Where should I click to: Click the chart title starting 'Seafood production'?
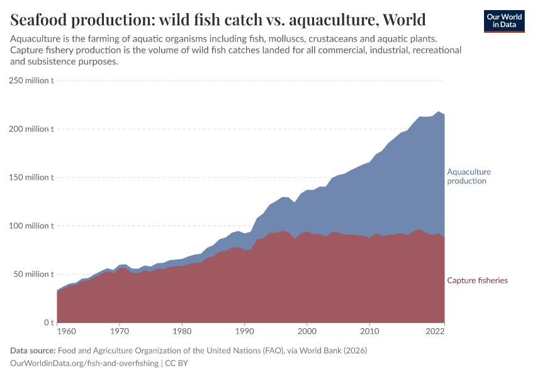tap(218, 20)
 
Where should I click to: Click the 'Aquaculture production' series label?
tap(469, 176)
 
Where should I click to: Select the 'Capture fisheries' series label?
tap(477, 280)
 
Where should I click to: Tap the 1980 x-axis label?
tap(182, 331)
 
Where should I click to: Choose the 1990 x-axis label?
tap(244, 331)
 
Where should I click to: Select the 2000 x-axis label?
tap(307, 331)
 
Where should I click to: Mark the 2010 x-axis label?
tap(369, 331)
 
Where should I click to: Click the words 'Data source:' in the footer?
tap(33, 350)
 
